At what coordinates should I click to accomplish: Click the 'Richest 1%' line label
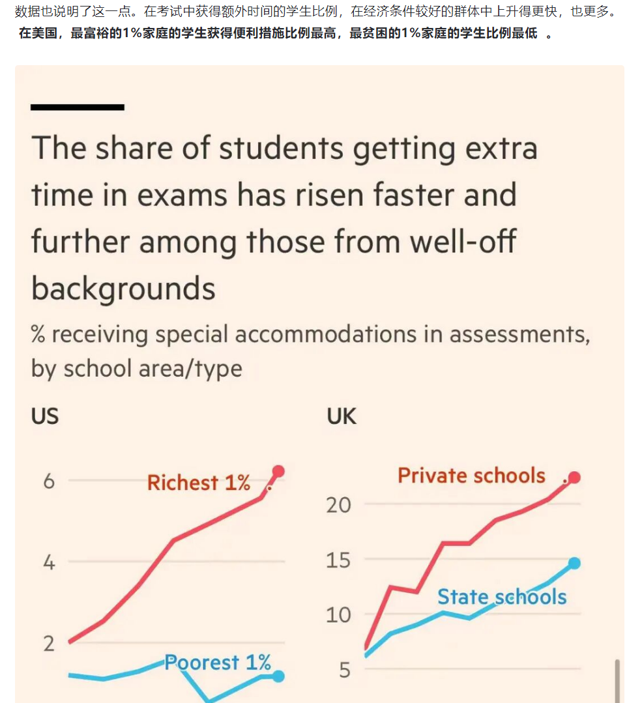click(199, 483)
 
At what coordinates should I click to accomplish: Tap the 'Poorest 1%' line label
click(218, 663)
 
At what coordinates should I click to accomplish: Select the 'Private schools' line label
click(471, 476)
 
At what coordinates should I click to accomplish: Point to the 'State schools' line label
click(502, 597)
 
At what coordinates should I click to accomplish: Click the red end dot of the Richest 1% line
click(278, 471)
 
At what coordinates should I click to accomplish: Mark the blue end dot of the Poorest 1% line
click(278, 676)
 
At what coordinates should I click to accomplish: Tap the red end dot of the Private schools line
click(574, 478)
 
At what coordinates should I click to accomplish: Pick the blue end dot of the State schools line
click(574, 564)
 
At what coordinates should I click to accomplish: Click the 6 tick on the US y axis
click(49, 481)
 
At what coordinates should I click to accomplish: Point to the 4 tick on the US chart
click(49, 562)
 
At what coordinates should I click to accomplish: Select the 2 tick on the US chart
click(49, 643)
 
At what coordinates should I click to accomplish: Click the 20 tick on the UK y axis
click(339, 504)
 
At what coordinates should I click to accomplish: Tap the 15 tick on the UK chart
click(339, 560)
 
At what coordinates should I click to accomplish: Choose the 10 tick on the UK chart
click(339, 614)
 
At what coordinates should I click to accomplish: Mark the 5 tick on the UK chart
click(345, 670)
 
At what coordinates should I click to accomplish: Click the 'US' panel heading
click(45, 416)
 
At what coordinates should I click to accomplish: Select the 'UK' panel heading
click(342, 416)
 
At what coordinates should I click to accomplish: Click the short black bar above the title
click(77, 107)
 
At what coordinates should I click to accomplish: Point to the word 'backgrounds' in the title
click(123, 288)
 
